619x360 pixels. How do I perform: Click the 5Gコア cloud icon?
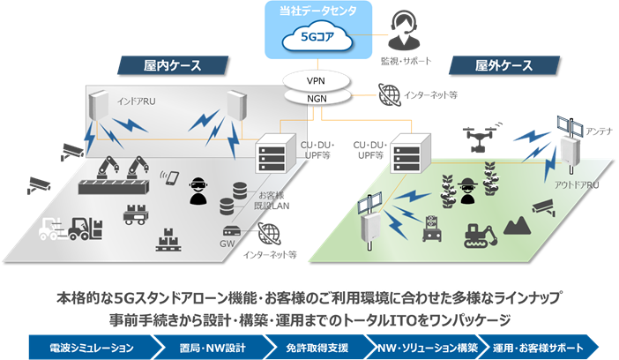tap(315, 39)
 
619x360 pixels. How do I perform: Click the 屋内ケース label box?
tap(172, 65)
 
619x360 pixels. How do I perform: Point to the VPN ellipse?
tap(316, 80)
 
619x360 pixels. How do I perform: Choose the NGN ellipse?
tap(316, 98)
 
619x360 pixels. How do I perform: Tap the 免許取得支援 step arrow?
tap(316, 347)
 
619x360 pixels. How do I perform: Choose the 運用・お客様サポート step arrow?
tap(542, 347)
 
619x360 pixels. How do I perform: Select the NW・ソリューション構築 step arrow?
tap(428, 347)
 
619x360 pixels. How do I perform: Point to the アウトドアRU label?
tap(577, 184)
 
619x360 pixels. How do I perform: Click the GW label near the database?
tap(227, 242)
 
